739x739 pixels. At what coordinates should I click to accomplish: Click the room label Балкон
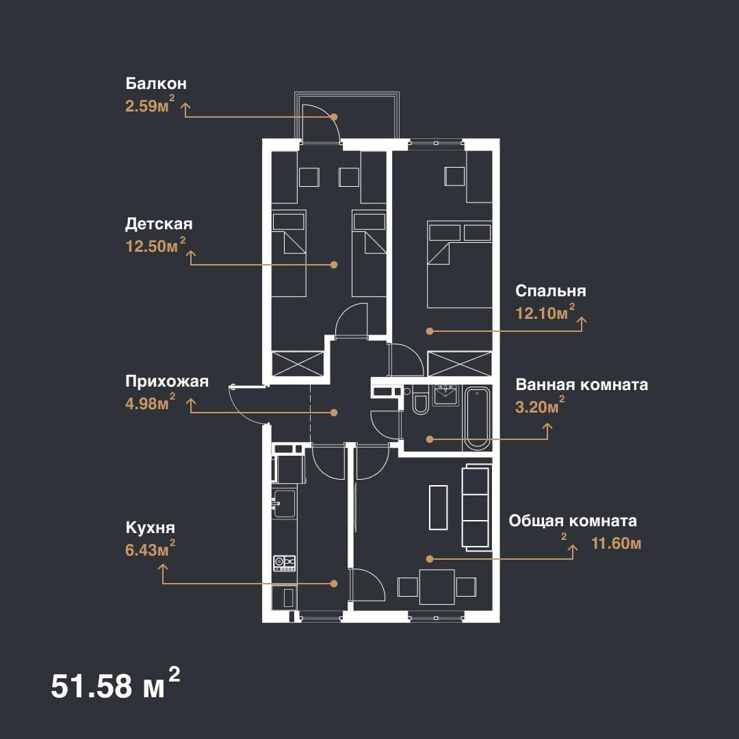click(156, 83)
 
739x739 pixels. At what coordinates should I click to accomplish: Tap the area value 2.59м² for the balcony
click(150, 105)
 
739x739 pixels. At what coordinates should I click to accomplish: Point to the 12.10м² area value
click(545, 312)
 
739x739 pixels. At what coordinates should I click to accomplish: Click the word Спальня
click(550, 291)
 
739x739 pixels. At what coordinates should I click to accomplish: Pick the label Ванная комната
click(582, 385)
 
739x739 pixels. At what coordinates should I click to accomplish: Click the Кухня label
click(150, 528)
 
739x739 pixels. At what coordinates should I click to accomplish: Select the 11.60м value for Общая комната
click(616, 543)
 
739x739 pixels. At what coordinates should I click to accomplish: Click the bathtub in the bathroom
click(476, 418)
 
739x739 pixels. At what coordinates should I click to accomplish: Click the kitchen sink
click(285, 503)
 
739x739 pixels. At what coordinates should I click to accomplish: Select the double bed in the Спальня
click(460, 264)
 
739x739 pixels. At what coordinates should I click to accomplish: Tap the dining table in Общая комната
click(437, 587)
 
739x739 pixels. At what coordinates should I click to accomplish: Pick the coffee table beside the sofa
click(438, 507)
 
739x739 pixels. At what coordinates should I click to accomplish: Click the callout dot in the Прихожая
click(334, 413)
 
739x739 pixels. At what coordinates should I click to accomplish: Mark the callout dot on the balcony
click(334, 116)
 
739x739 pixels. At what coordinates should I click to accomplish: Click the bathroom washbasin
click(445, 394)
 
